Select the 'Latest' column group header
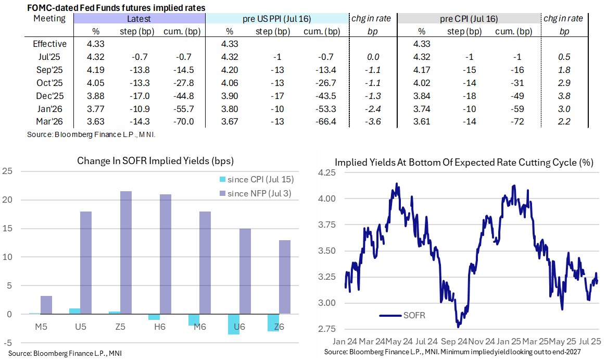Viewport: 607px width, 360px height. (139, 19)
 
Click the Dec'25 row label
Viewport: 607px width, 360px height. (49, 95)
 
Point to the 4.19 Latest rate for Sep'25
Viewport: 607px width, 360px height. (96, 70)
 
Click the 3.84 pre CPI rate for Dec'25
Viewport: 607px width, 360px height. (421, 95)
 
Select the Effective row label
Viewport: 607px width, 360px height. (49, 44)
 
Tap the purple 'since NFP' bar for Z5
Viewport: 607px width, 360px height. (126, 253)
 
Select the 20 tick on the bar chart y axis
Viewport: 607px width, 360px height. (8, 200)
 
